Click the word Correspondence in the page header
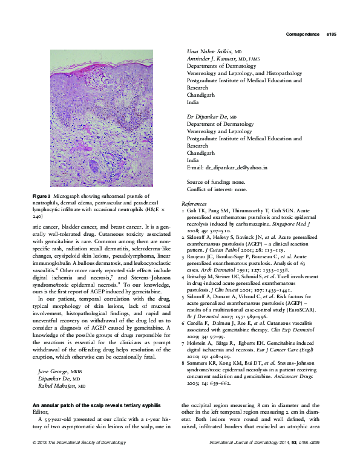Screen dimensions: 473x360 tap(303, 35)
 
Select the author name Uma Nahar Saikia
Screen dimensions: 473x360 tap(208, 52)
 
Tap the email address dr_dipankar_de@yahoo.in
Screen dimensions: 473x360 tap(232, 167)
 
